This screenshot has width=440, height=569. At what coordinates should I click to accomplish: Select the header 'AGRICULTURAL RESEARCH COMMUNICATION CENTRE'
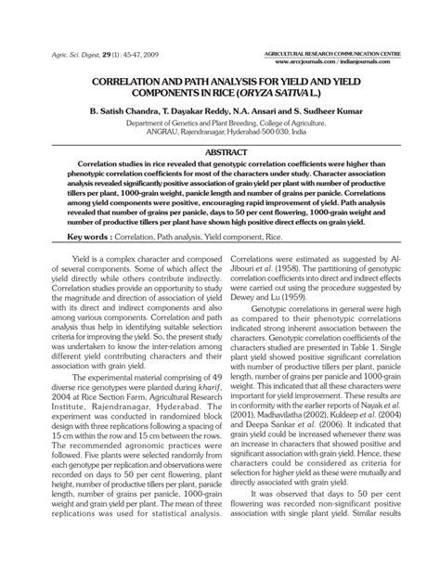pyautogui.click(x=331, y=55)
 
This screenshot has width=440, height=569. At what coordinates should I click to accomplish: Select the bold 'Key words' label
pyautogui.click(x=78, y=237)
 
